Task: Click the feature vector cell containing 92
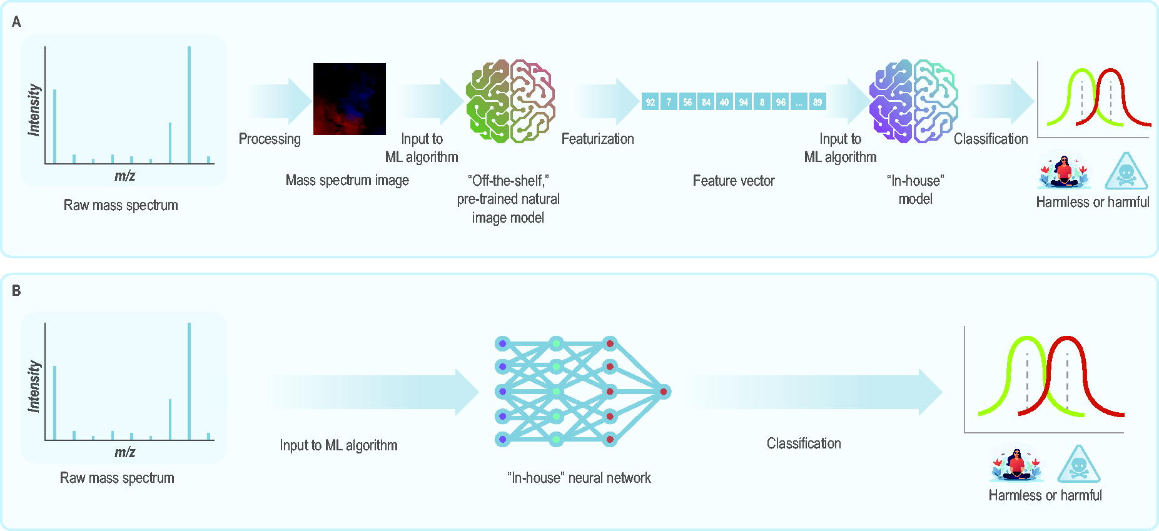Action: tap(650, 102)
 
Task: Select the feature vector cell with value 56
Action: tap(687, 102)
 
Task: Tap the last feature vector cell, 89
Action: tap(817, 102)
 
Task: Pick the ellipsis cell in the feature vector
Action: tap(799, 102)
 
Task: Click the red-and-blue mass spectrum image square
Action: tap(350, 99)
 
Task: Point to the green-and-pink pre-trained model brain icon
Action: tap(510, 101)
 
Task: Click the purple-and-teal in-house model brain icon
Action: tap(914, 101)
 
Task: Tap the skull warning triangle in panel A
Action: tap(1126, 171)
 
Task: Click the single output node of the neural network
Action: tap(664, 392)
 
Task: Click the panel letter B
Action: tap(16, 291)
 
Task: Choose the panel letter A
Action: tap(16, 22)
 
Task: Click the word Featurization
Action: tap(597, 139)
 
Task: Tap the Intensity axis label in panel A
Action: tap(34, 110)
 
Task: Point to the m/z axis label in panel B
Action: tap(124, 452)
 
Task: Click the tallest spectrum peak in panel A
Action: tap(189, 105)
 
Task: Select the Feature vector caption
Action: tap(734, 181)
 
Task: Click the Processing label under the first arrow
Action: tap(270, 139)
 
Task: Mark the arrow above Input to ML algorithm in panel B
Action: tap(373, 392)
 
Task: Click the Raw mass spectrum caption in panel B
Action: tap(117, 478)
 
